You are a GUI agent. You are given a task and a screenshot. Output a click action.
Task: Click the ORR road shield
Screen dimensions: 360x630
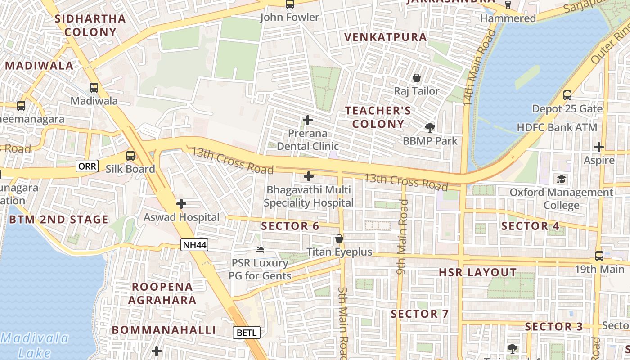coord(87,166)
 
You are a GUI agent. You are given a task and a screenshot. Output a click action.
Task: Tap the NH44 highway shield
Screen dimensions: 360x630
coord(194,245)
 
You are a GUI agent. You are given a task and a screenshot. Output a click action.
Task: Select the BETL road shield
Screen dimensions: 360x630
coord(247,333)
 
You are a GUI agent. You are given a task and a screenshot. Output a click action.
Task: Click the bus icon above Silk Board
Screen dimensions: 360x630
coord(130,156)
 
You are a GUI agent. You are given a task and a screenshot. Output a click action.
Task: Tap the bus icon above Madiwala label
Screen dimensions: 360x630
coord(94,88)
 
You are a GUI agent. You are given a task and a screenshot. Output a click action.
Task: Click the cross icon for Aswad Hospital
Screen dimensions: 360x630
coord(181,204)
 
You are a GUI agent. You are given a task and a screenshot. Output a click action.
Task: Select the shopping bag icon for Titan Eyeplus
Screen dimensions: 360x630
coord(339,238)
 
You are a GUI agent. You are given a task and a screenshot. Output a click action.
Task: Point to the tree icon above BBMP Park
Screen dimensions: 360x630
coord(430,127)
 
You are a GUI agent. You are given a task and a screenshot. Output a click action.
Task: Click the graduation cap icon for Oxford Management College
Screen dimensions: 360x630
coord(561,179)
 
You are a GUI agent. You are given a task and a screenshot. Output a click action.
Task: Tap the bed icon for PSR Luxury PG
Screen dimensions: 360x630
coord(260,249)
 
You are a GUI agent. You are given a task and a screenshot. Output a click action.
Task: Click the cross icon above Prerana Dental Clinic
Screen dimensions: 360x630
coord(308,120)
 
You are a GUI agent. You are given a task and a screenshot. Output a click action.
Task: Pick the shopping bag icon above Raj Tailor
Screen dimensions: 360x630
coord(417,78)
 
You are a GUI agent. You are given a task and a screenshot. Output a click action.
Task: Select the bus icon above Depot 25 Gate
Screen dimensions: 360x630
coord(567,95)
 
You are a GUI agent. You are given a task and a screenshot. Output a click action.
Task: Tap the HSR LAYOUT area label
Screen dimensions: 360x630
coord(477,272)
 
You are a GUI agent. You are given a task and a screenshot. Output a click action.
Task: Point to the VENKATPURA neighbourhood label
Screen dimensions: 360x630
coord(386,37)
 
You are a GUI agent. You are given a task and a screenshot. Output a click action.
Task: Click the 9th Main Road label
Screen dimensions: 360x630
coord(402,237)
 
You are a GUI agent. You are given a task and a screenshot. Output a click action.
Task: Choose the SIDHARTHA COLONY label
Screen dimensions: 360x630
coord(90,25)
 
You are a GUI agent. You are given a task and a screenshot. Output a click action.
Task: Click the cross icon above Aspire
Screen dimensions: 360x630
coord(599,147)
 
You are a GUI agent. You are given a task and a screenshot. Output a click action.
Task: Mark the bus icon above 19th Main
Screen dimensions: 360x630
coord(599,256)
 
